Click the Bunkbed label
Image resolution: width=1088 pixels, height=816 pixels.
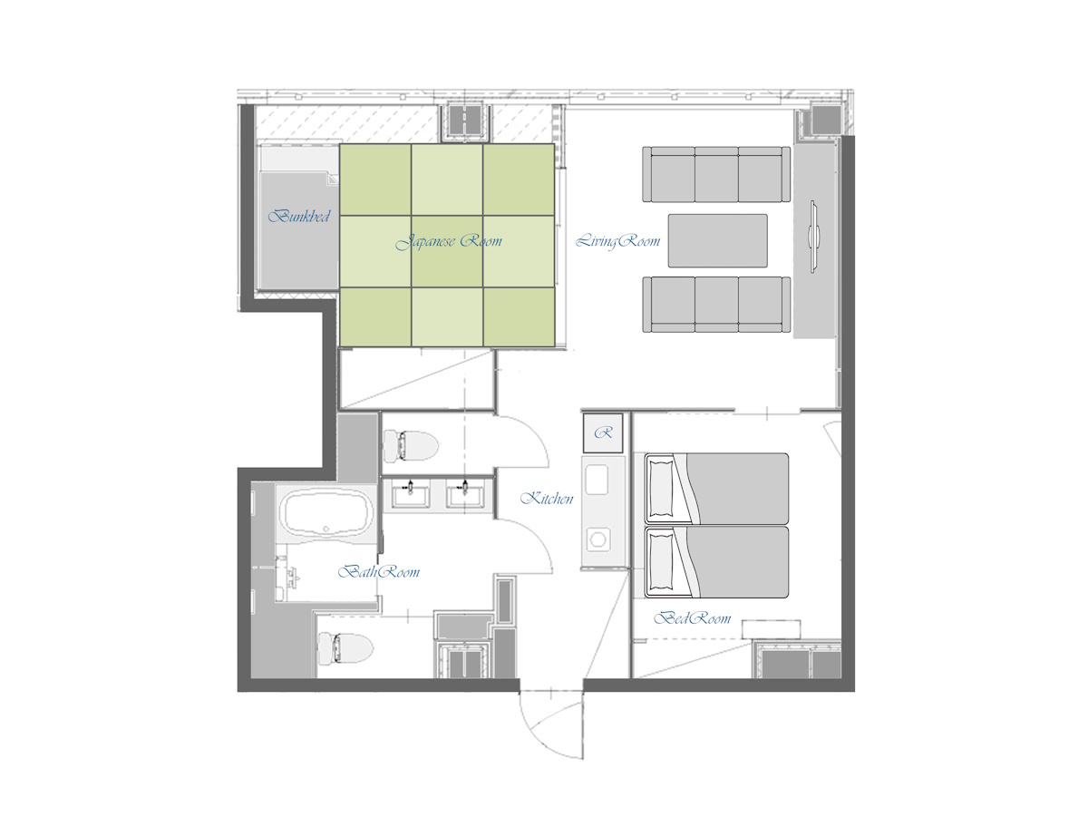click(298, 217)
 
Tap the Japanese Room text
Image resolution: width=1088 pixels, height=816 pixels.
click(450, 242)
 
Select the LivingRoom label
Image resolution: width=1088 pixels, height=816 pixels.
click(618, 242)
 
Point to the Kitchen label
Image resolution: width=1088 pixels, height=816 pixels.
click(547, 499)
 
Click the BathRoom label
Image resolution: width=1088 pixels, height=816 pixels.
click(379, 573)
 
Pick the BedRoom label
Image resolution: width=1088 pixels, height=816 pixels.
click(693, 619)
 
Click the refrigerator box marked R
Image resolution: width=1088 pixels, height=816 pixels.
click(603, 433)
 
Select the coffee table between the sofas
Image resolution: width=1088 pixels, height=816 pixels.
click(717, 240)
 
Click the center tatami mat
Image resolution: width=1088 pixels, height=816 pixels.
click(447, 251)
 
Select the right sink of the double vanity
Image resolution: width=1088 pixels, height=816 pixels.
click(465, 495)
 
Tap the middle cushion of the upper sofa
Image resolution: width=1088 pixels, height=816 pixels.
click(716, 175)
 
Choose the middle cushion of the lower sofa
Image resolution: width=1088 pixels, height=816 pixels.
click(716, 304)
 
